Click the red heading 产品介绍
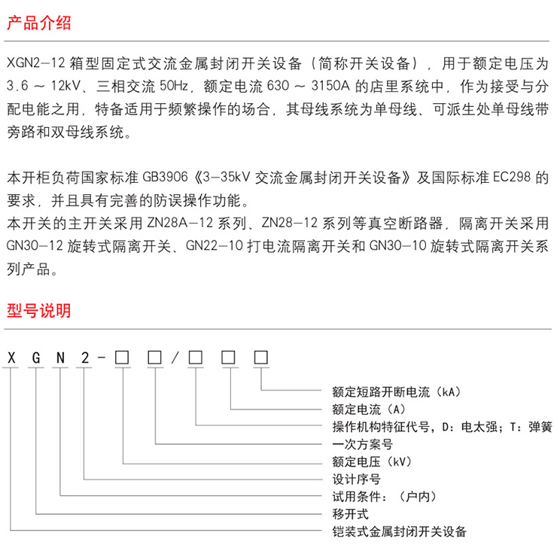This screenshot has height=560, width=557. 38,23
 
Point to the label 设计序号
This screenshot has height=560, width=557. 356,479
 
